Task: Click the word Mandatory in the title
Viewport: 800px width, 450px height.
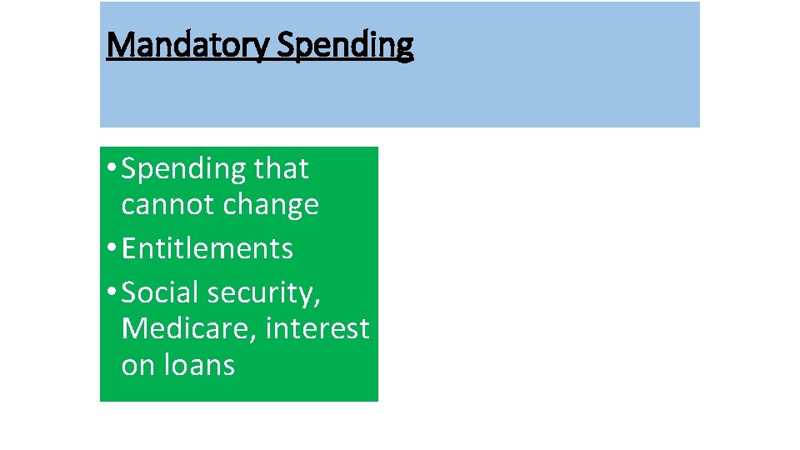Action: point(187,45)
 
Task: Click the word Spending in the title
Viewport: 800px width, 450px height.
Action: point(344,45)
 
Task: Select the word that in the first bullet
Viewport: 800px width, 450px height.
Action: point(281,169)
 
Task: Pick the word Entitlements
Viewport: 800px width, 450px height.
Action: point(207,248)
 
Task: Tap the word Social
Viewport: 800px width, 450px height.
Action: point(161,292)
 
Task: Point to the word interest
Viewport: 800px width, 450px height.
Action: point(317,328)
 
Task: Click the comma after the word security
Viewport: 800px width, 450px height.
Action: point(318,302)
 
